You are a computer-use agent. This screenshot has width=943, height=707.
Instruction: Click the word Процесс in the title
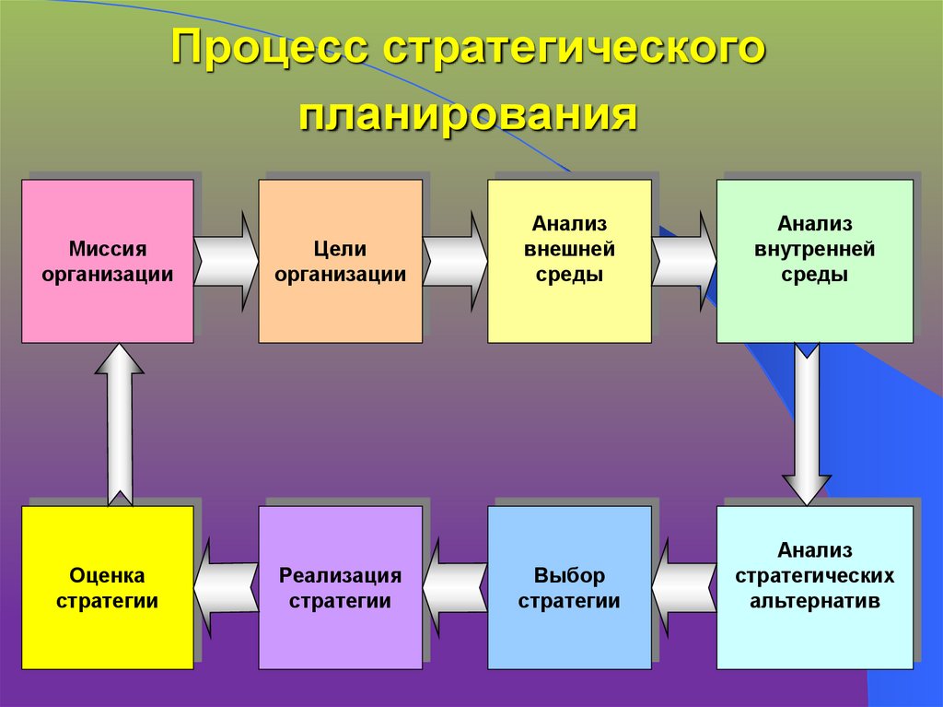[268, 53]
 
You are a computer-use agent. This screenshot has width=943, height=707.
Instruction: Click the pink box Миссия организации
[108, 261]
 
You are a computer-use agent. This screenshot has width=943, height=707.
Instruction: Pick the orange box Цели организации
[340, 261]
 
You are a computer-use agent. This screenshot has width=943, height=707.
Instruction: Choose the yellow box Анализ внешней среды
[569, 261]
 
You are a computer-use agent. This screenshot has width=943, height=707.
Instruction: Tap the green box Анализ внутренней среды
[814, 261]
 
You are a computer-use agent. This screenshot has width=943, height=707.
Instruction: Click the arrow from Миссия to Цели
[227, 261]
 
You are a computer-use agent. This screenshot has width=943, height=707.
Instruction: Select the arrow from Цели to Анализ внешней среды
[455, 261]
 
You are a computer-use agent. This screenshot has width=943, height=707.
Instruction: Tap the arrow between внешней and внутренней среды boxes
[684, 261]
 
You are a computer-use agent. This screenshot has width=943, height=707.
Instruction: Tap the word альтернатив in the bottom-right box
[815, 602]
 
